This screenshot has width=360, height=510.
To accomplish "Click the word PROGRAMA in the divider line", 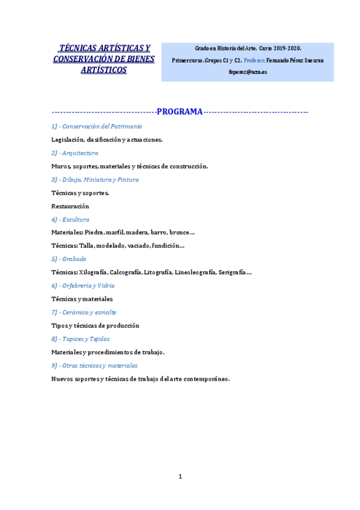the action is tap(180, 112).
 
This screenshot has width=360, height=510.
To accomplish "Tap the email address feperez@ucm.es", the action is tap(248, 72).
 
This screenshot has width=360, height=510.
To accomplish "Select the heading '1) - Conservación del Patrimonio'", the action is tap(97, 126).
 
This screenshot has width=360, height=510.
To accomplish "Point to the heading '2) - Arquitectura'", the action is tap(75, 153).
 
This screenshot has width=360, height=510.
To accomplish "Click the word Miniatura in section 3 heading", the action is tap(102, 179).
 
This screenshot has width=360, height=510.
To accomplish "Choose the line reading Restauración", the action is tap(70, 206).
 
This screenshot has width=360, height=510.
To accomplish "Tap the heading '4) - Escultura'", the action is tap(70, 220).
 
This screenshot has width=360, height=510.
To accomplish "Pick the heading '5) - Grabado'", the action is tap(69, 259).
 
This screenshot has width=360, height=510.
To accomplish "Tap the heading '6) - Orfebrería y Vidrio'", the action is tap(83, 285).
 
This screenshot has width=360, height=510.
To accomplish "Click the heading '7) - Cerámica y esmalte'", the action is tap(84, 312).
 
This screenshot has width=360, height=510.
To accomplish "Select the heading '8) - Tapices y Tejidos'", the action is tap(81, 339).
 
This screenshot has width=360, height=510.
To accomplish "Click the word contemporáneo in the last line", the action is tap(208, 379).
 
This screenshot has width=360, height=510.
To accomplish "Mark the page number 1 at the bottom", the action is tap(180, 477).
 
